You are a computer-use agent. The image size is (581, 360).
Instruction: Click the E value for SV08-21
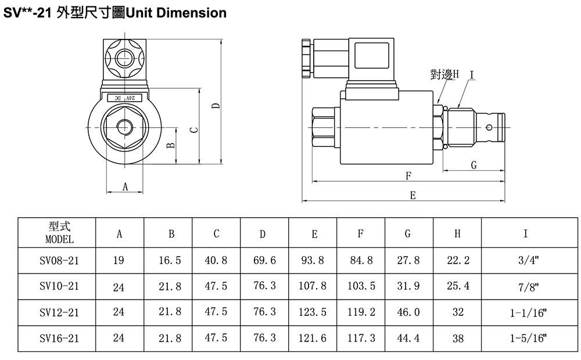pos(313,260)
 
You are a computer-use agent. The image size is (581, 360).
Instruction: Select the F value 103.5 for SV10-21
pos(361,286)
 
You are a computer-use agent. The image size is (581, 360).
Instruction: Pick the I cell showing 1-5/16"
pos(528,338)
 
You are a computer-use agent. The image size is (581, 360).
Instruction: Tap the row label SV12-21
pos(59,312)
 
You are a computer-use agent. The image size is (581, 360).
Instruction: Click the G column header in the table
pos(408,233)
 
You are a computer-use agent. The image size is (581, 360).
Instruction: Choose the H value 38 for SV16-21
pos(458,338)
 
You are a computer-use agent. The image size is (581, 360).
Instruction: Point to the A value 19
pos(119,260)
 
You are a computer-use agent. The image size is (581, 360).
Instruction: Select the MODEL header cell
pos(59,233)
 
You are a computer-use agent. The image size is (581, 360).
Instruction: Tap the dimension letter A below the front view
pos(125,186)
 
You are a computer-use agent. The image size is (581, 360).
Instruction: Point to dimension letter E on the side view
pos(413,195)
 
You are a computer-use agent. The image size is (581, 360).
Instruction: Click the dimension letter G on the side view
pos(474,165)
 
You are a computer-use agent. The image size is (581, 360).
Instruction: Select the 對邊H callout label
pos(444,74)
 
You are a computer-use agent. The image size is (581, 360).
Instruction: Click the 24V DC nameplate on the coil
pos(124,98)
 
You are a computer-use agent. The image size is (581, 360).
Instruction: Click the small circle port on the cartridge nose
pos(489,128)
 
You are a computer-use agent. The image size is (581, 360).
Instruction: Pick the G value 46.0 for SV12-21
pos(408,312)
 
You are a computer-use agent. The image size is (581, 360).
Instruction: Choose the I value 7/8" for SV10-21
pos(528,287)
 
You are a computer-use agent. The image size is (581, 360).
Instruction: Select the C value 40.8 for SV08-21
pos(216,260)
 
